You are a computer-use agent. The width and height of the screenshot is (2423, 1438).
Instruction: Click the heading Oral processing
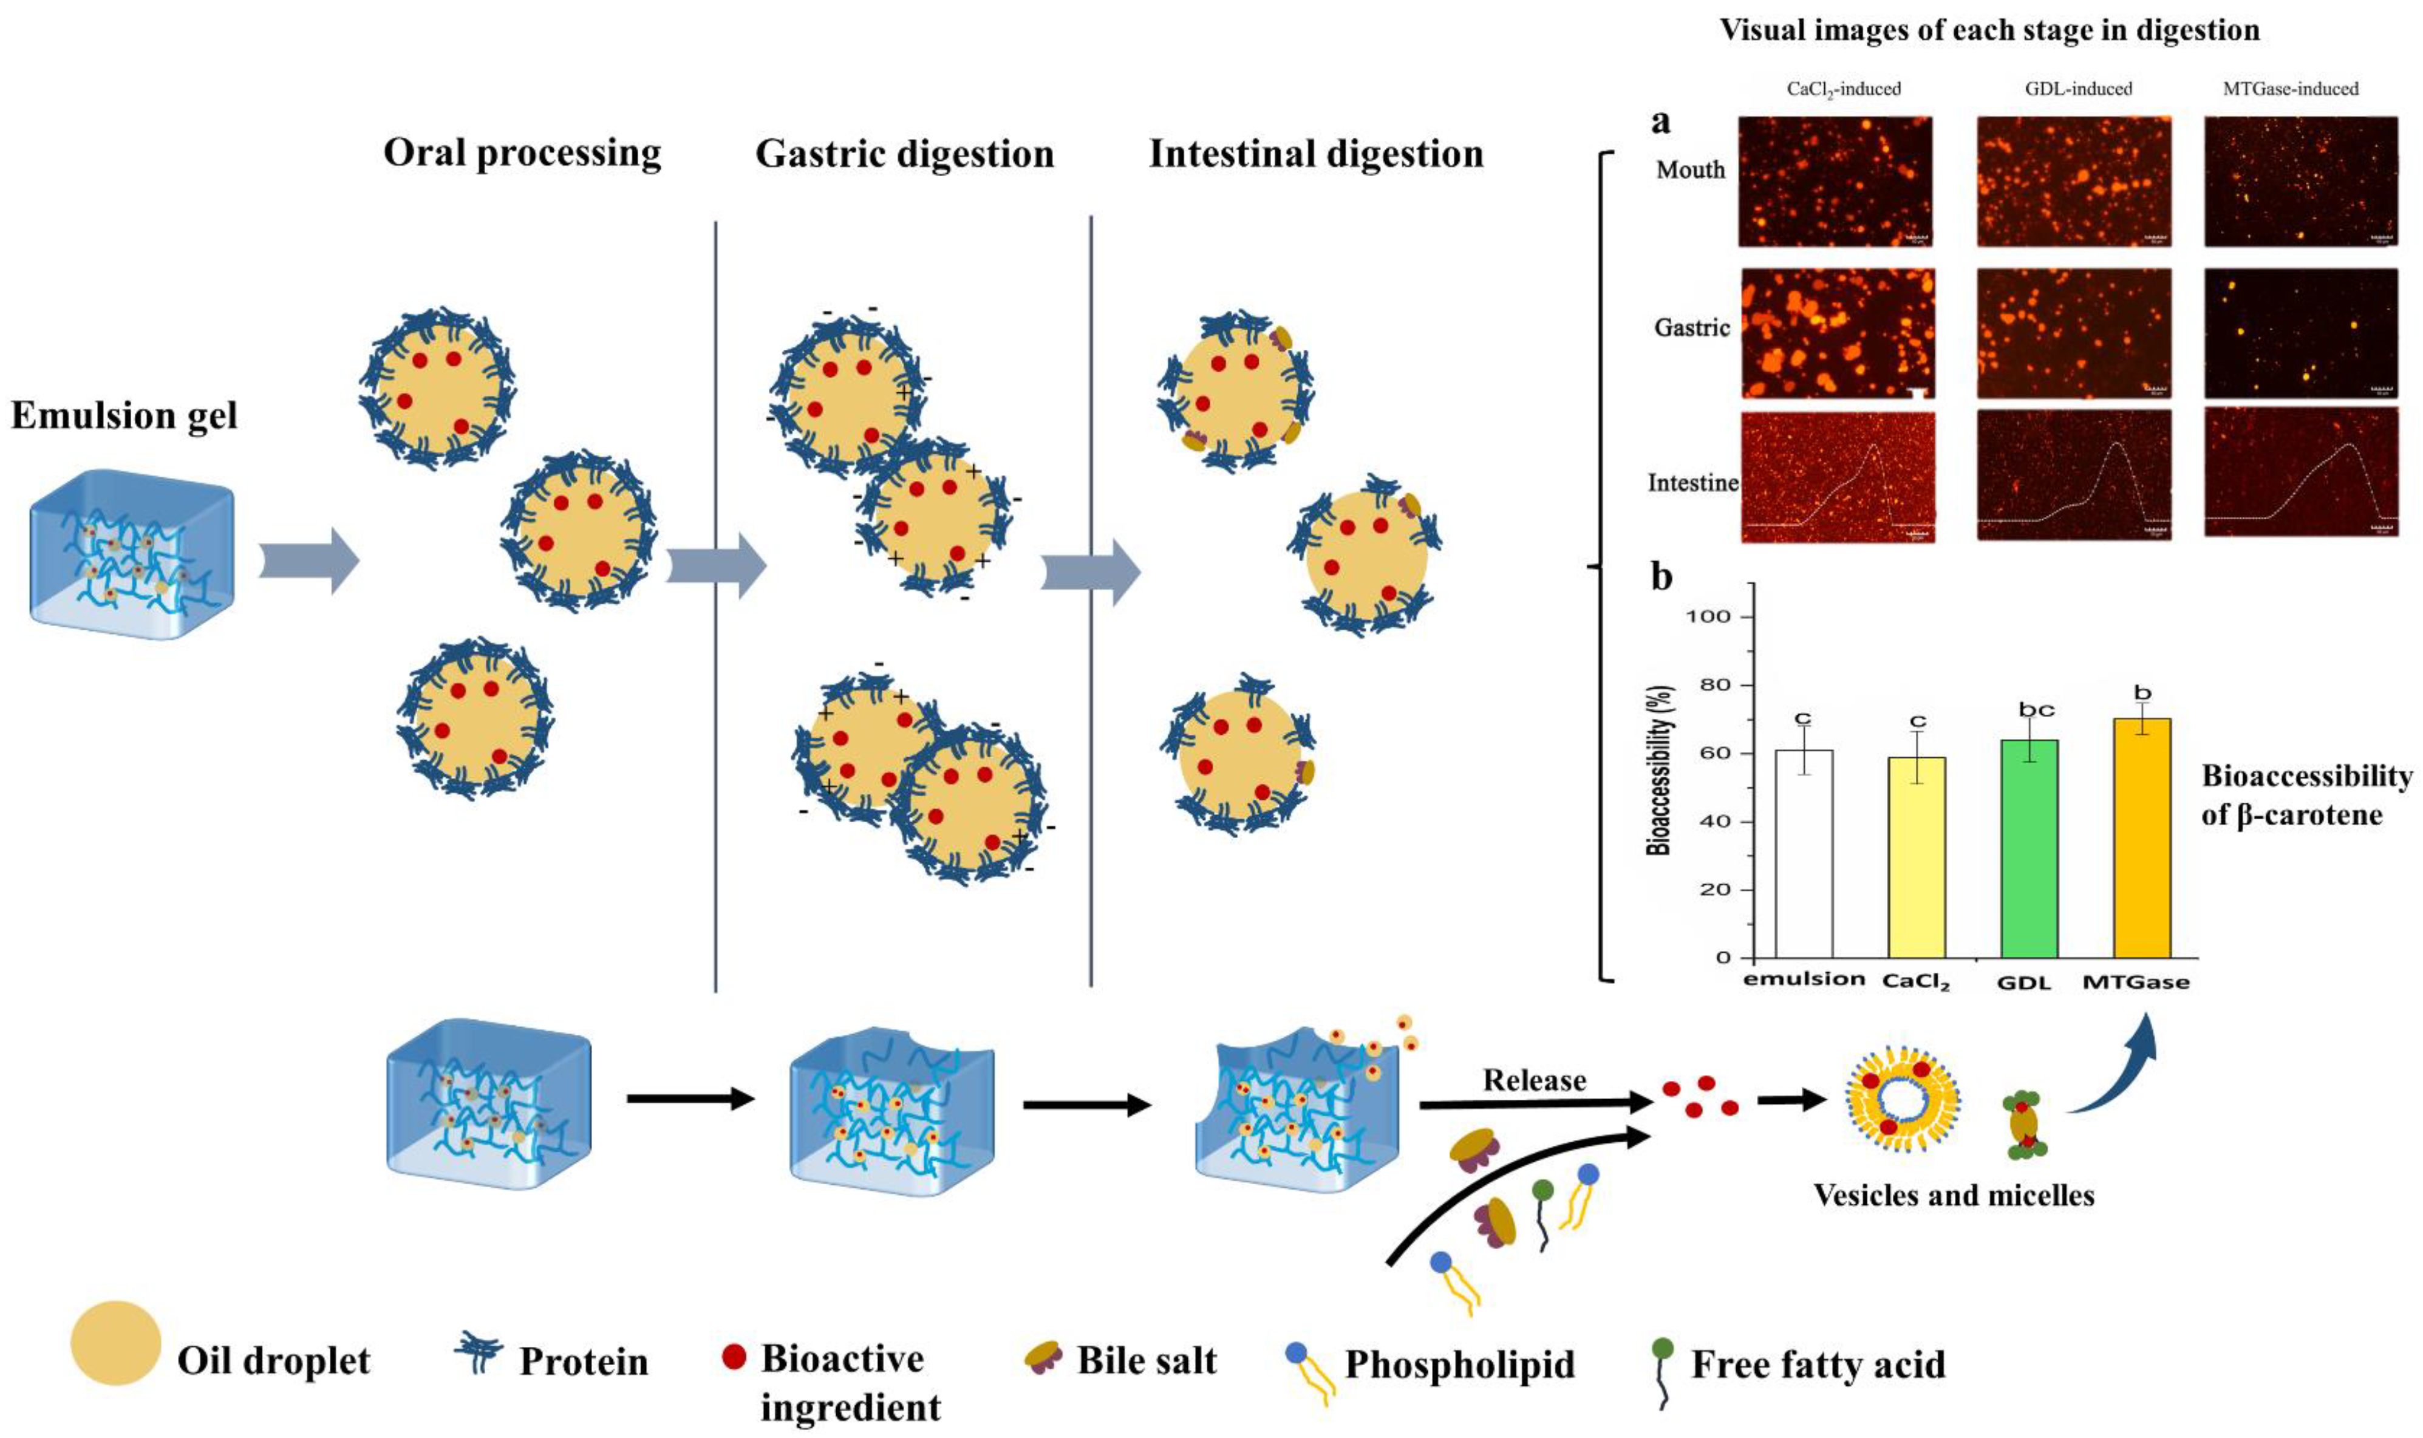[x=522, y=153]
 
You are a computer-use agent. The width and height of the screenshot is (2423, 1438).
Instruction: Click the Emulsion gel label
[x=124, y=416]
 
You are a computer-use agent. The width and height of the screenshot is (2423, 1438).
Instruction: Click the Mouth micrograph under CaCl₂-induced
[x=1834, y=181]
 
